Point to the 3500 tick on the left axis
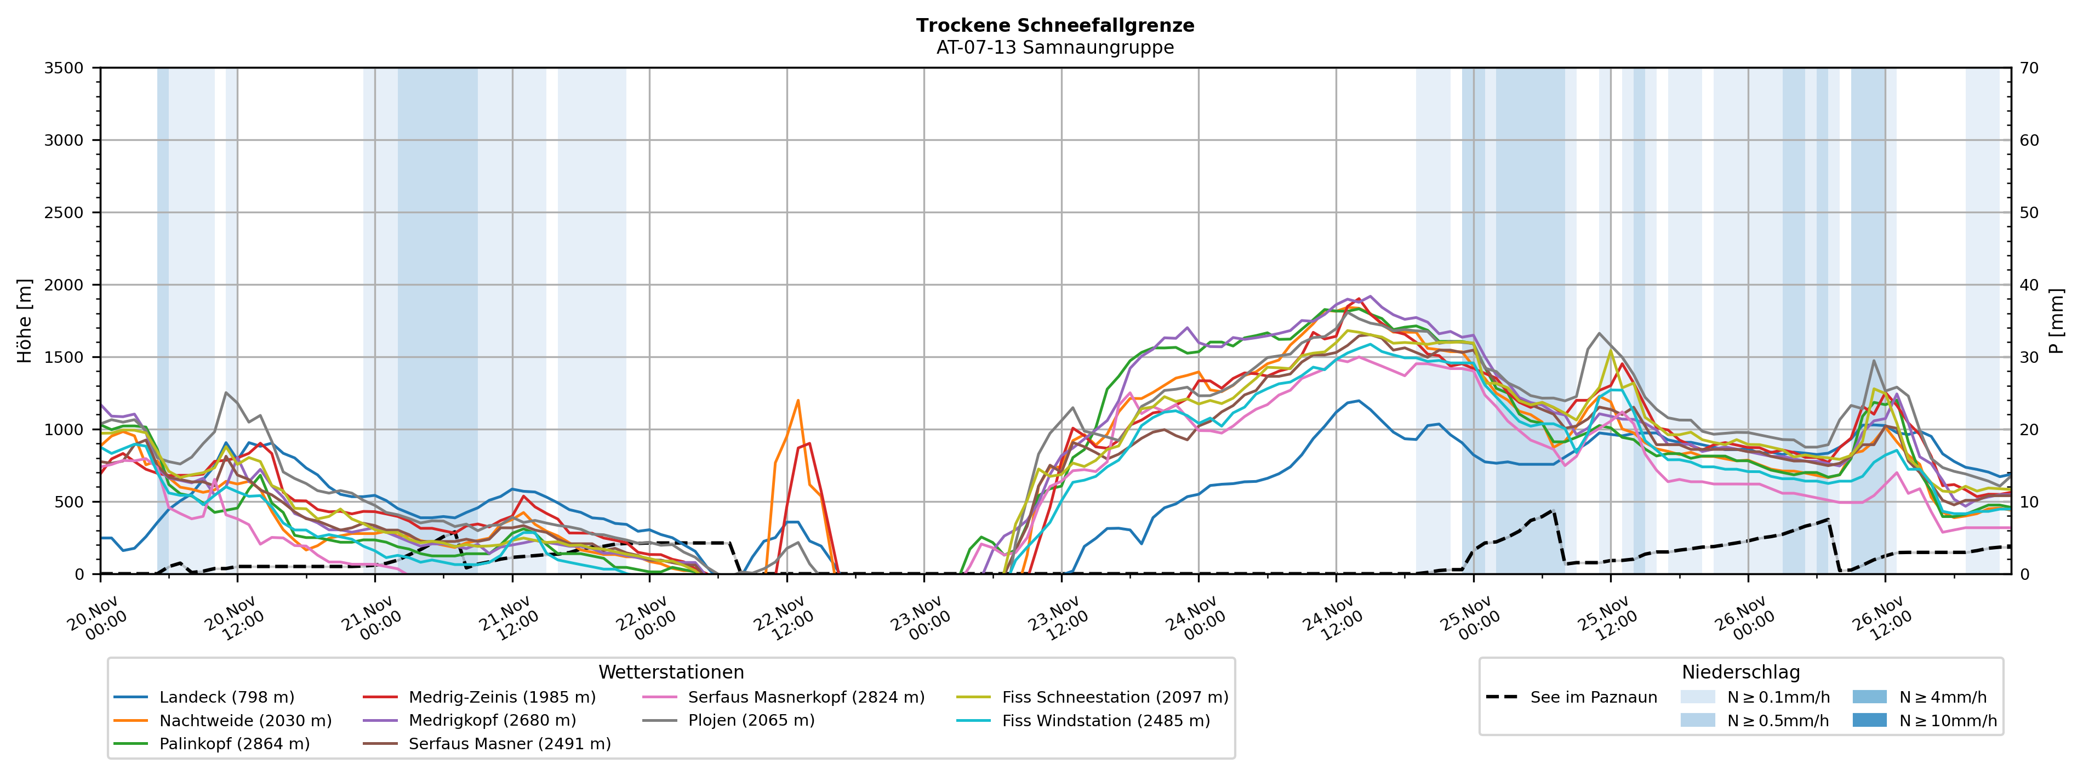pyautogui.click(x=64, y=68)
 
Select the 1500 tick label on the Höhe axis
pyautogui.click(x=64, y=357)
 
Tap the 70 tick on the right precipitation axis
pyautogui.click(x=2030, y=68)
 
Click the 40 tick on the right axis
pyautogui.click(x=2030, y=285)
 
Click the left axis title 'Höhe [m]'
pyautogui.click(x=24, y=320)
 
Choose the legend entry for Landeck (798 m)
pyautogui.click(x=226, y=697)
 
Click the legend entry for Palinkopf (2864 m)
pyautogui.click(x=235, y=743)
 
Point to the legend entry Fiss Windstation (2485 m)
pyautogui.click(x=1105, y=720)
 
